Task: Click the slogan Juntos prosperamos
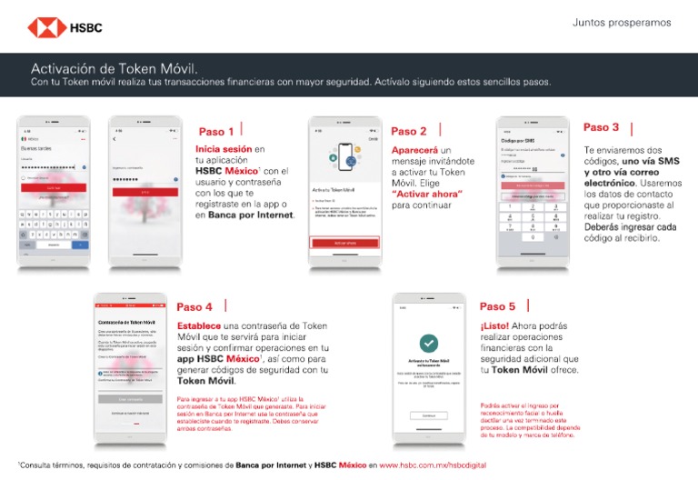tap(622, 23)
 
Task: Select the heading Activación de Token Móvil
tap(115, 68)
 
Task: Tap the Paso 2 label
tap(409, 131)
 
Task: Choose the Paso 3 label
tap(602, 127)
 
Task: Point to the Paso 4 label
tap(194, 307)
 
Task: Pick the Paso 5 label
tap(497, 306)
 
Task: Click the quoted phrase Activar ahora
tap(426, 194)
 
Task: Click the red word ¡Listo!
tap(494, 325)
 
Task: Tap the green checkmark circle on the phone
tap(429, 344)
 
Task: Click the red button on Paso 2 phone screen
tap(344, 244)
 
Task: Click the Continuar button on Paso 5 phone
tap(429, 415)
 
